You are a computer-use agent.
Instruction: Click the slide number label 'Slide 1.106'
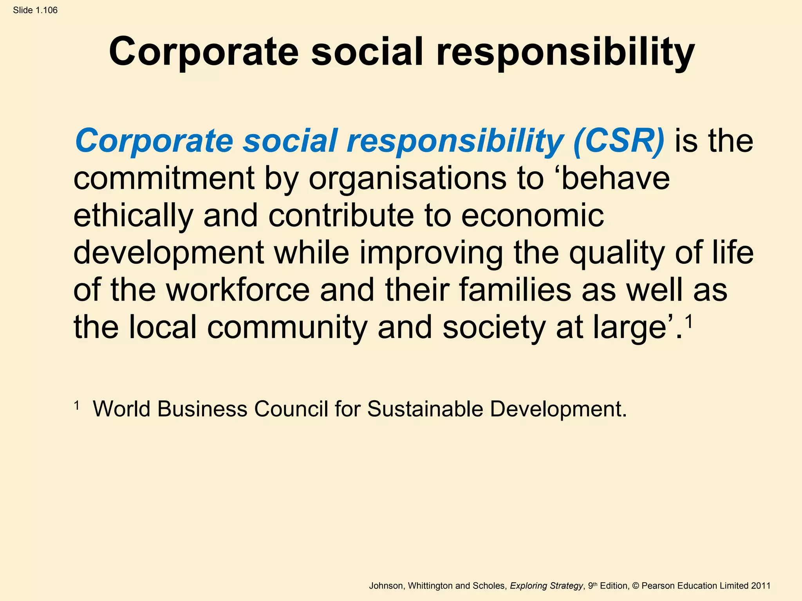pos(35,10)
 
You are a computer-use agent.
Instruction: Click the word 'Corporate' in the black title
pos(204,52)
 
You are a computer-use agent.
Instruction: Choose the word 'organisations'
pos(407,179)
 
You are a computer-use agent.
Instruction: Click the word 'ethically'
pos(133,216)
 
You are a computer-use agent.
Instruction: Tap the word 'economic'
pos(533,216)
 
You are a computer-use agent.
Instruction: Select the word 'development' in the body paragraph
pos(168,254)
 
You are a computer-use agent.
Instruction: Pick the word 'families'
pos(515,290)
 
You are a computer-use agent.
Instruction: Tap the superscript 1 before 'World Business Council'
pos(77,405)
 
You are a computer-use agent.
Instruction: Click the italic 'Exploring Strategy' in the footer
pos(546,586)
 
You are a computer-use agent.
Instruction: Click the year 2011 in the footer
pos(760,586)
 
